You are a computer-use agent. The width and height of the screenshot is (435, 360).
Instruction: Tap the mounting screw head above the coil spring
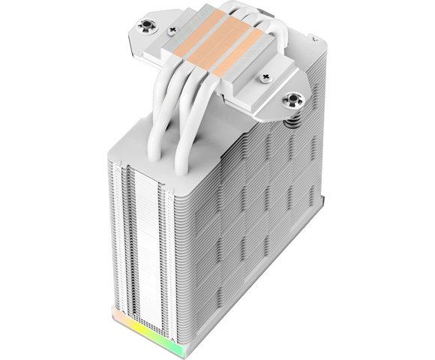click(x=291, y=100)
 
